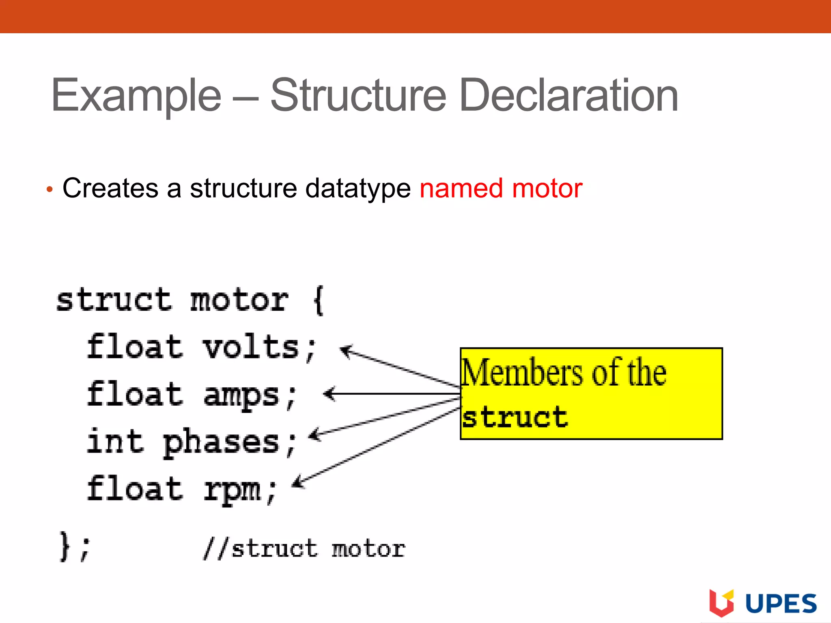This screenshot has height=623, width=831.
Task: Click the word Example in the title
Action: (x=136, y=96)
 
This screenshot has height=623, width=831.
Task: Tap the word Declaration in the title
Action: (x=568, y=96)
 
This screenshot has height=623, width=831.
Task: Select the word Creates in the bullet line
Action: (x=110, y=188)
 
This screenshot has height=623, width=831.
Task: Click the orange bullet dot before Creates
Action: (x=50, y=189)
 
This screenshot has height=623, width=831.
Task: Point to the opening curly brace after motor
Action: (x=319, y=300)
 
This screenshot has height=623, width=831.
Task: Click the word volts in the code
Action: (x=251, y=348)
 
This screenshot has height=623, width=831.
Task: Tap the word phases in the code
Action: (x=221, y=443)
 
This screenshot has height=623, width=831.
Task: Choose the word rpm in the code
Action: (x=232, y=490)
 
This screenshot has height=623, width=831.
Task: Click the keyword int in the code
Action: (x=115, y=442)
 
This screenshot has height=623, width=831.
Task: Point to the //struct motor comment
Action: (x=304, y=549)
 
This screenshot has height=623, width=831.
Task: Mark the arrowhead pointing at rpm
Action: (x=298, y=482)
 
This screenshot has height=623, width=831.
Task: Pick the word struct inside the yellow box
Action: (x=515, y=417)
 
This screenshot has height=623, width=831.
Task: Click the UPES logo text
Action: (x=781, y=604)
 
